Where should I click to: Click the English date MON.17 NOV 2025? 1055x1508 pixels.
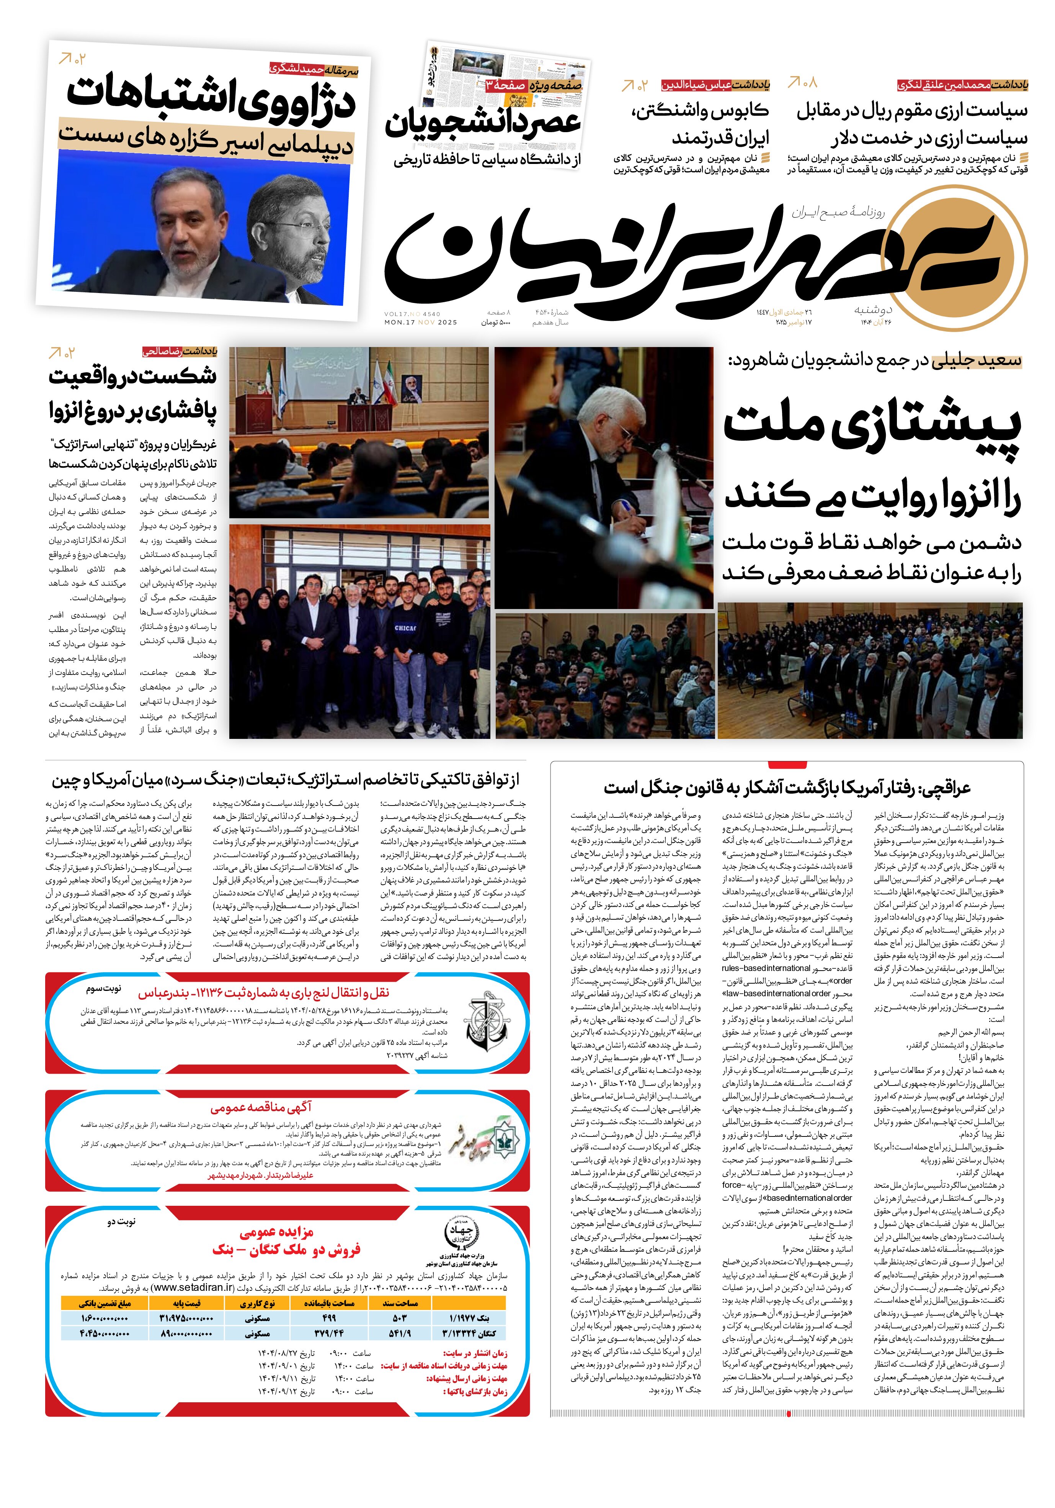point(420,323)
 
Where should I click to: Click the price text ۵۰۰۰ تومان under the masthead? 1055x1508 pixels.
point(496,323)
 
